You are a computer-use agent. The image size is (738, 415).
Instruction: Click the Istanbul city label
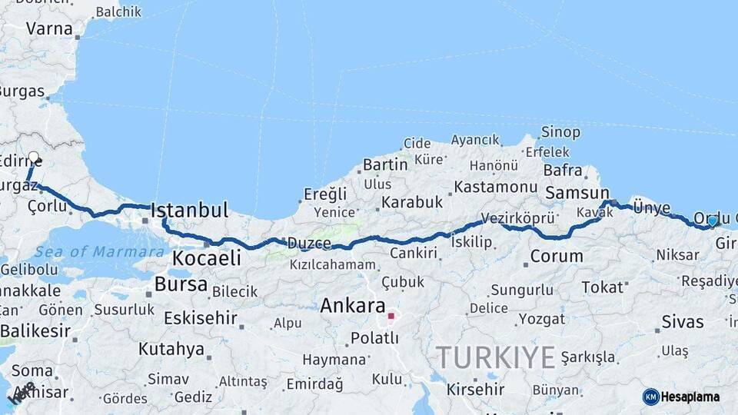point(189,211)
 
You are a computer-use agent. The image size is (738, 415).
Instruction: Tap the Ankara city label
point(352,305)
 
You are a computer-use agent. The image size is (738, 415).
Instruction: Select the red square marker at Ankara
point(391,316)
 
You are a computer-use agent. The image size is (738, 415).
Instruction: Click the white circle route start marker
point(33,158)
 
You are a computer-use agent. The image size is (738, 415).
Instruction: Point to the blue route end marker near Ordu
point(713,221)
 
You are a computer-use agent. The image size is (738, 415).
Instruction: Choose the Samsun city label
point(577,194)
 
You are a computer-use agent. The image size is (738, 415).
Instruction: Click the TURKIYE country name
point(495,357)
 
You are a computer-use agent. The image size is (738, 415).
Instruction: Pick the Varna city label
point(49,29)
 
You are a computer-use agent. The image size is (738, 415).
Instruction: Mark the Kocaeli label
point(206,258)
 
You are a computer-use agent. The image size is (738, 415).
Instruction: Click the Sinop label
point(560,132)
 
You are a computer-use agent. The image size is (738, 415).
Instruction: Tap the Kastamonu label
point(495,187)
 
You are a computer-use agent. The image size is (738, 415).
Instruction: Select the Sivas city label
point(682,322)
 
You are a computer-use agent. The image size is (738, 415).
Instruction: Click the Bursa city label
point(181,284)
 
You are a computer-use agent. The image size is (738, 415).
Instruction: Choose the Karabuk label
point(412,202)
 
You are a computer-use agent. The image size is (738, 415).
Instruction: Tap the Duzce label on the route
point(309,244)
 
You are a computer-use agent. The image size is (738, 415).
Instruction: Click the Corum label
point(557,257)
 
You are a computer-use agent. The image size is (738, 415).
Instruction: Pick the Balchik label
point(118,12)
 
